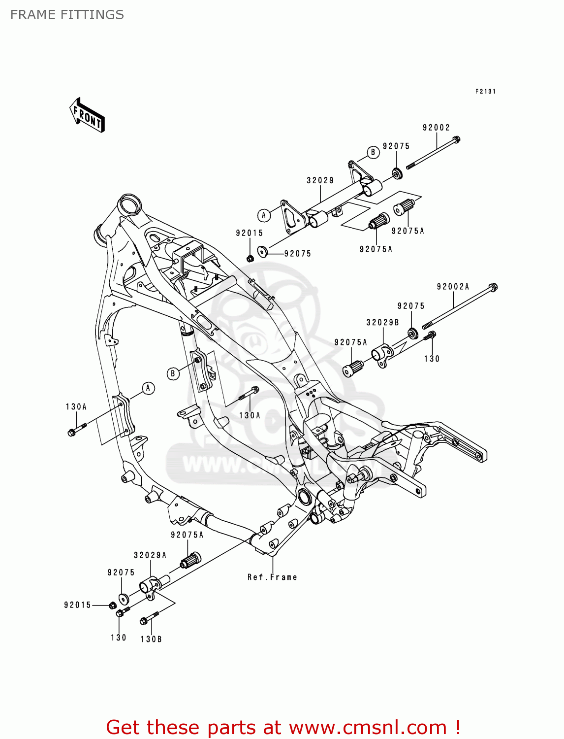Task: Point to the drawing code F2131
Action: tap(485, 91)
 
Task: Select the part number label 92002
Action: tap(436, 128)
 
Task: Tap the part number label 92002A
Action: tap(453, 286)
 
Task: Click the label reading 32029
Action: tap(320, 180)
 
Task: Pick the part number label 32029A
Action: tap(150, 555)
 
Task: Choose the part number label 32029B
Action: tap(382, 323)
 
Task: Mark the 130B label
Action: tap(151, 639)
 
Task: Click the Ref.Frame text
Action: tap(272, 577)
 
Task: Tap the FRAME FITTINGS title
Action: tap(67, 15)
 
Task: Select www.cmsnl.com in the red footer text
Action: tap(368, 727)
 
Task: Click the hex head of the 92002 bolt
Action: tap(456, 139)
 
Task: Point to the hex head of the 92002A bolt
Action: tap(493, 287)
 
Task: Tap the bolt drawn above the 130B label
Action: tap(149, 618)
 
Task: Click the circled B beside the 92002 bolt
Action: tap(373, 152)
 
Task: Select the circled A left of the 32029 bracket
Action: tap(264, 215)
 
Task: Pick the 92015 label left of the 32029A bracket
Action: tap(77, 605)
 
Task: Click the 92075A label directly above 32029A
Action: tap(187, 535)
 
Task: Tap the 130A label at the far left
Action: tap(76, 406)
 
